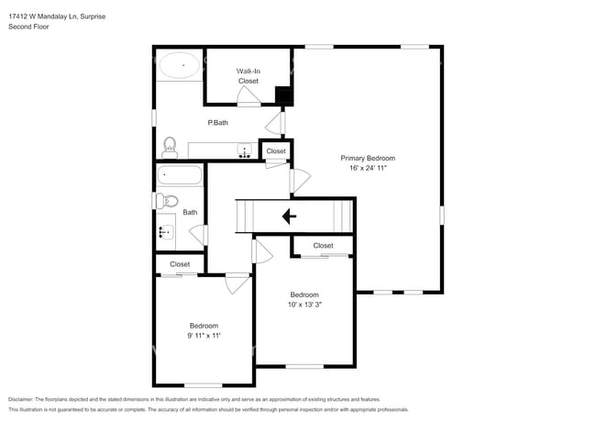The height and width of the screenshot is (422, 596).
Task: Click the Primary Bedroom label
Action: coord(367,158)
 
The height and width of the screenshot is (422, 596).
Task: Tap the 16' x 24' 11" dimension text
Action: coord(367,168)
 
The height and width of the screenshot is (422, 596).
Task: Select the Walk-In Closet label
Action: coord(248,75)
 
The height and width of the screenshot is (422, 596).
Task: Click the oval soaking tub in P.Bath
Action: coord(181,64)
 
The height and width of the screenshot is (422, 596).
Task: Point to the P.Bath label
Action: coord(217,123)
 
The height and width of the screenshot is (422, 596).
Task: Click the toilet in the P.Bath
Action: coord(170,147)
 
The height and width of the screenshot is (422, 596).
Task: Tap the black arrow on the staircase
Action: coord(289,217)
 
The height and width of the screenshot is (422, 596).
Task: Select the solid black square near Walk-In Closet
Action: coord(283,94)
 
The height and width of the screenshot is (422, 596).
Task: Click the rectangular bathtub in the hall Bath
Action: coord(180,175)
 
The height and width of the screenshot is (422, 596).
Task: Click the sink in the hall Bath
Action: coord(166,232)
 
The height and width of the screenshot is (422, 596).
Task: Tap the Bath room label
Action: coord(190,213)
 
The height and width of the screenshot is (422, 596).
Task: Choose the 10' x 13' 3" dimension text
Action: coord(304,305)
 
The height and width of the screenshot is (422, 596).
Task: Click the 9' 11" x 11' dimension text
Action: coord(204,336)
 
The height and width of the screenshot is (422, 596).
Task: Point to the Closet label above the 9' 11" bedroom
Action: coord(179,264)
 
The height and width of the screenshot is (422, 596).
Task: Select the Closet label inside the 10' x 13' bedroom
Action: coord(323,246)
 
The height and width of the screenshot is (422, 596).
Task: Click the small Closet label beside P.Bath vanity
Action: coord(276,150)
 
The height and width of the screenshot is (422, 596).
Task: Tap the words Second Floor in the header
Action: coord(28,27)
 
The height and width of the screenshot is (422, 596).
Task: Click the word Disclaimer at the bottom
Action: coord(26,399)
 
